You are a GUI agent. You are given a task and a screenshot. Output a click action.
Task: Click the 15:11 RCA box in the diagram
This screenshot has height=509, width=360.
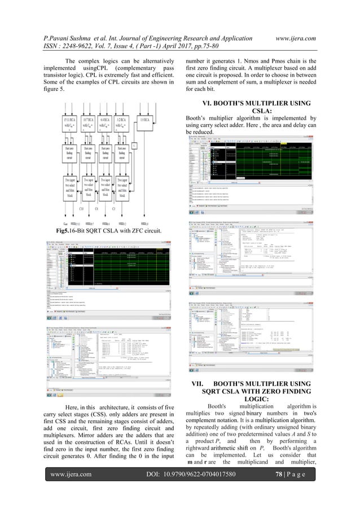tap(71, 124)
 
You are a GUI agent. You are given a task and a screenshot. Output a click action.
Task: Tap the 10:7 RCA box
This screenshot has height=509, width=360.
tap(90, 124)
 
